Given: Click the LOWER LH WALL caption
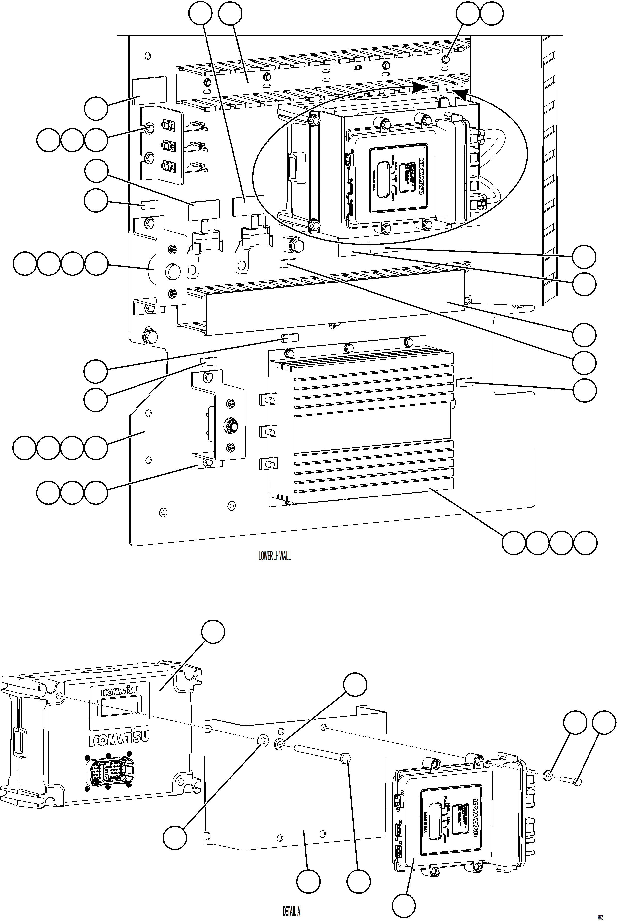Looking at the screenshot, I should [x=274, y=556].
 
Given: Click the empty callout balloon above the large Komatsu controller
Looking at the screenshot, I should [x=213, y=632].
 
